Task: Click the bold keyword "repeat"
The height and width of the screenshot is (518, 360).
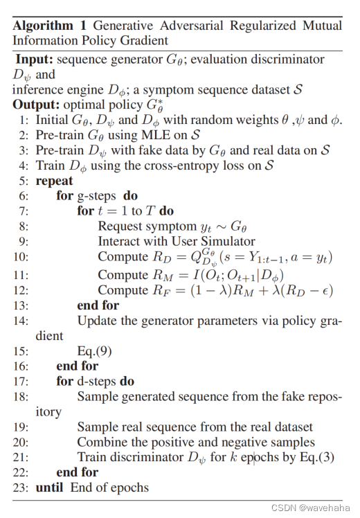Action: click(x=54, y=181)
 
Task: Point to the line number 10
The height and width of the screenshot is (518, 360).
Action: click(x=20, y=257)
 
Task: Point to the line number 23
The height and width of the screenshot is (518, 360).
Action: click(x=20, y=488)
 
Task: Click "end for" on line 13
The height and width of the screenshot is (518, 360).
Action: click(x=98, y=305)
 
